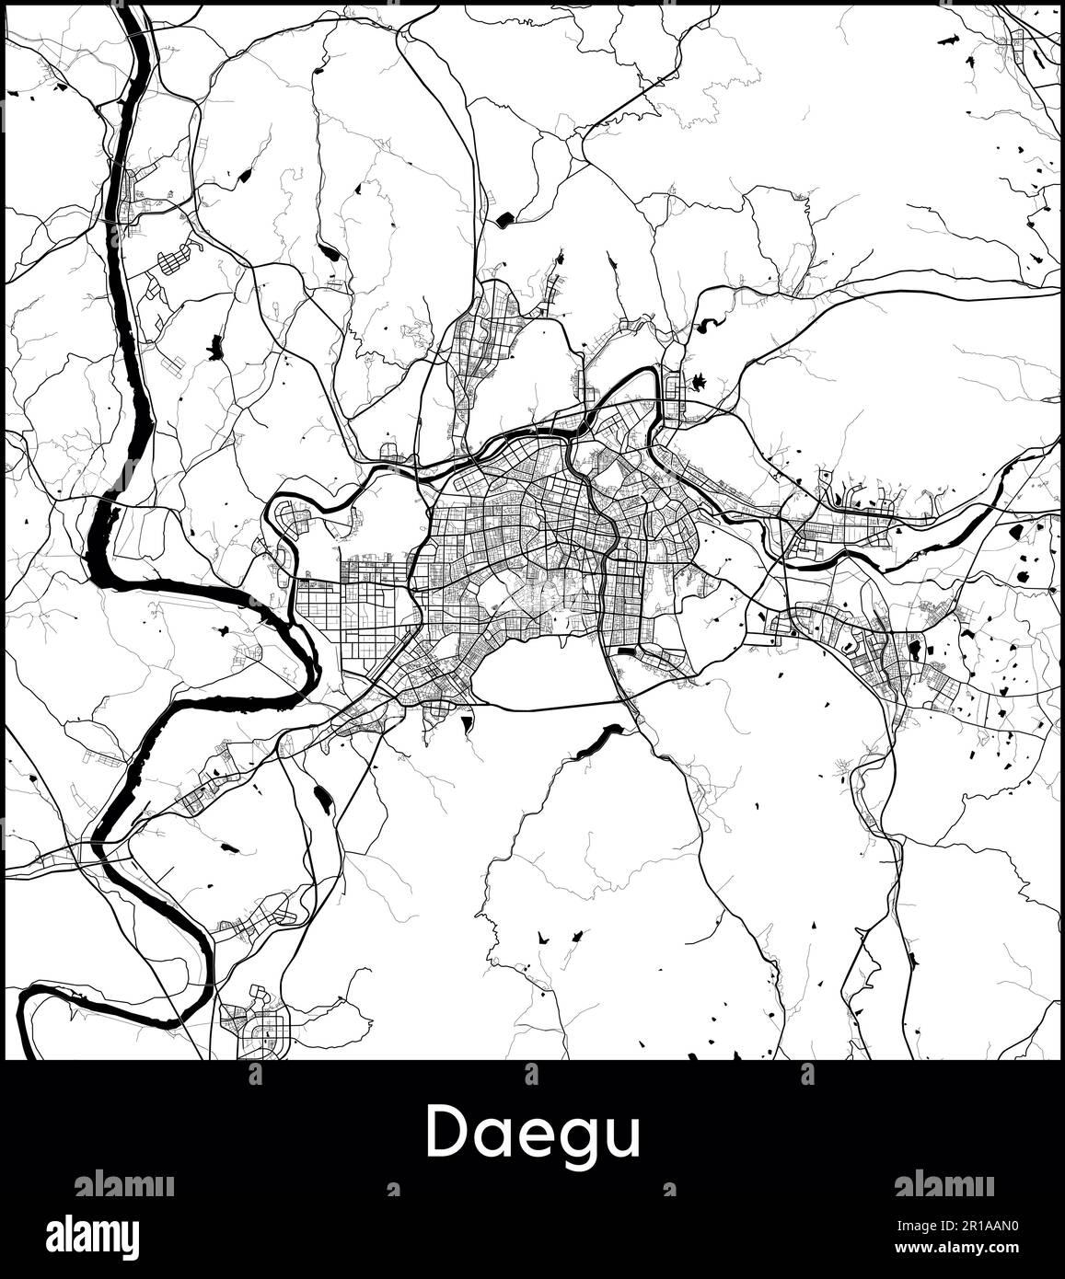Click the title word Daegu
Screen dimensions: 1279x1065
(532, 1134)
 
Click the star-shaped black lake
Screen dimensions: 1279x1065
(697, 381)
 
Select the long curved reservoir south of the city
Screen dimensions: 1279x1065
(600, 739)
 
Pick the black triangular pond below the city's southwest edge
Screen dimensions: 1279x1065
(469, 724)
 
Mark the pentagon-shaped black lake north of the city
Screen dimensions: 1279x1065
(505, 220)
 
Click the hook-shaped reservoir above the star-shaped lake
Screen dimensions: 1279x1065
(707, 325)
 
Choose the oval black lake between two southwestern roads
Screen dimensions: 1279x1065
(322, 800)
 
